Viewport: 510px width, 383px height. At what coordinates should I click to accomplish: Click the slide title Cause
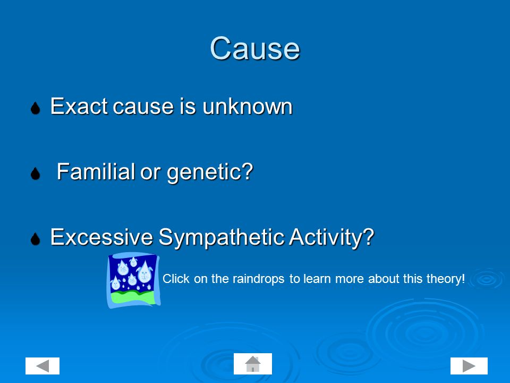pyautogui.click(x=254, y=48)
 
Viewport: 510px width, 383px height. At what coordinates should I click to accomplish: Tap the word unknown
pyautogui.click(x=248, y=106)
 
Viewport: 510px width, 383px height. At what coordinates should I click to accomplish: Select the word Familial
pyautogui.click(x=96, y=171)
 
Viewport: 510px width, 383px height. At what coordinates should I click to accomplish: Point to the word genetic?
pyautogui.click(x=210, y=172)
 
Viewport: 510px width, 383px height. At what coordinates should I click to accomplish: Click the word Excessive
pyautogui.click(x=101, y=237)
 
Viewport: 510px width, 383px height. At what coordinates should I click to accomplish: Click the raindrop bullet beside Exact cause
pyautogui.click(x=36, y=108)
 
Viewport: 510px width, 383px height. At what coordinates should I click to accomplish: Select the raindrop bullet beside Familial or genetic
pyautogui.click(x=36, y=173)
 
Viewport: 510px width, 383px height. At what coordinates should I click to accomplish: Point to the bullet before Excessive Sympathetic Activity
pyautogui.click(x=36, y=239)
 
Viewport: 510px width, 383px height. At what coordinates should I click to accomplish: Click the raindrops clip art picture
pyautogui.click(x=134, y=280)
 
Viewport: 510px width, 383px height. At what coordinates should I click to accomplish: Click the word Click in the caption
pyautogui.click(x=176, y=279)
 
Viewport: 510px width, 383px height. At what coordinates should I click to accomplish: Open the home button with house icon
pyautogui.click(x=253, y=364)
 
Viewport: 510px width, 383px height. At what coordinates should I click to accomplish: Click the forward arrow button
pyautogui.click(x=469, y=366)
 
